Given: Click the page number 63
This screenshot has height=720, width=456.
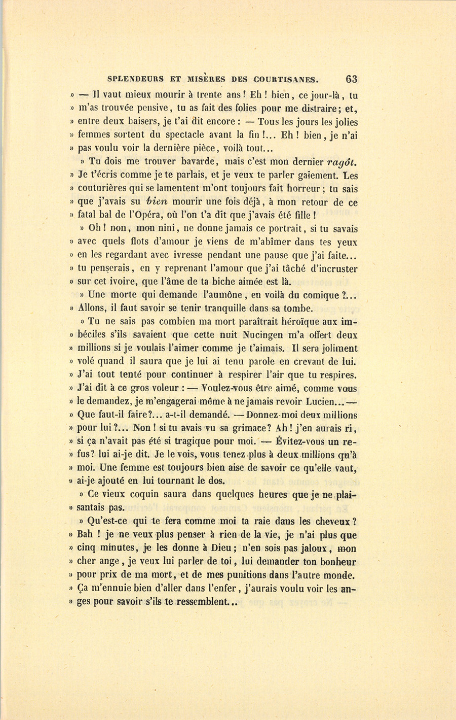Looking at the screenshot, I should (351, 79).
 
